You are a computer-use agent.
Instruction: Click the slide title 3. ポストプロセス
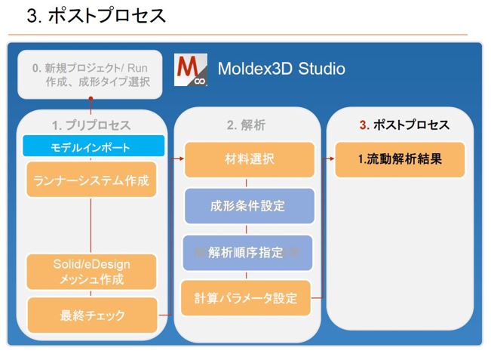96,16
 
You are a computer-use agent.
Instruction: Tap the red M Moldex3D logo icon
190,69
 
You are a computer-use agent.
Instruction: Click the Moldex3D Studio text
281,69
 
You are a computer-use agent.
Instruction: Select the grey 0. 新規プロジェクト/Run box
91,75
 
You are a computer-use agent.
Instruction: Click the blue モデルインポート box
94,146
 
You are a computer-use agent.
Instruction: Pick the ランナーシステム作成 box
91,180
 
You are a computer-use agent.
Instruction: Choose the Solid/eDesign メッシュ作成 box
91,272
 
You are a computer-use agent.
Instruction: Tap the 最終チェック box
92,315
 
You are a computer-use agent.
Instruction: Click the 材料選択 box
250,159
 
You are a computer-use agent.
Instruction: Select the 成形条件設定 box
250,206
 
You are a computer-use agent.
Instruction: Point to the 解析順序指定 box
247,253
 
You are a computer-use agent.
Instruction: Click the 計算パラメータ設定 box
246,298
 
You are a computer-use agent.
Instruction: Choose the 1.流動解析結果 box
400,159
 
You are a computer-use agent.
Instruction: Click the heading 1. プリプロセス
91,125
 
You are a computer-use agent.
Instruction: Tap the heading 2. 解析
246,125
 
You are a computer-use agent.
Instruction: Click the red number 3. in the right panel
364,125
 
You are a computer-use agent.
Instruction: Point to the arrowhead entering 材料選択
181,158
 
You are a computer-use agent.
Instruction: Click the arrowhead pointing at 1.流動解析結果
332,158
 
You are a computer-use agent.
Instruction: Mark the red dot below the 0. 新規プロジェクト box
91,99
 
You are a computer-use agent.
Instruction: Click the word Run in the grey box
137,68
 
